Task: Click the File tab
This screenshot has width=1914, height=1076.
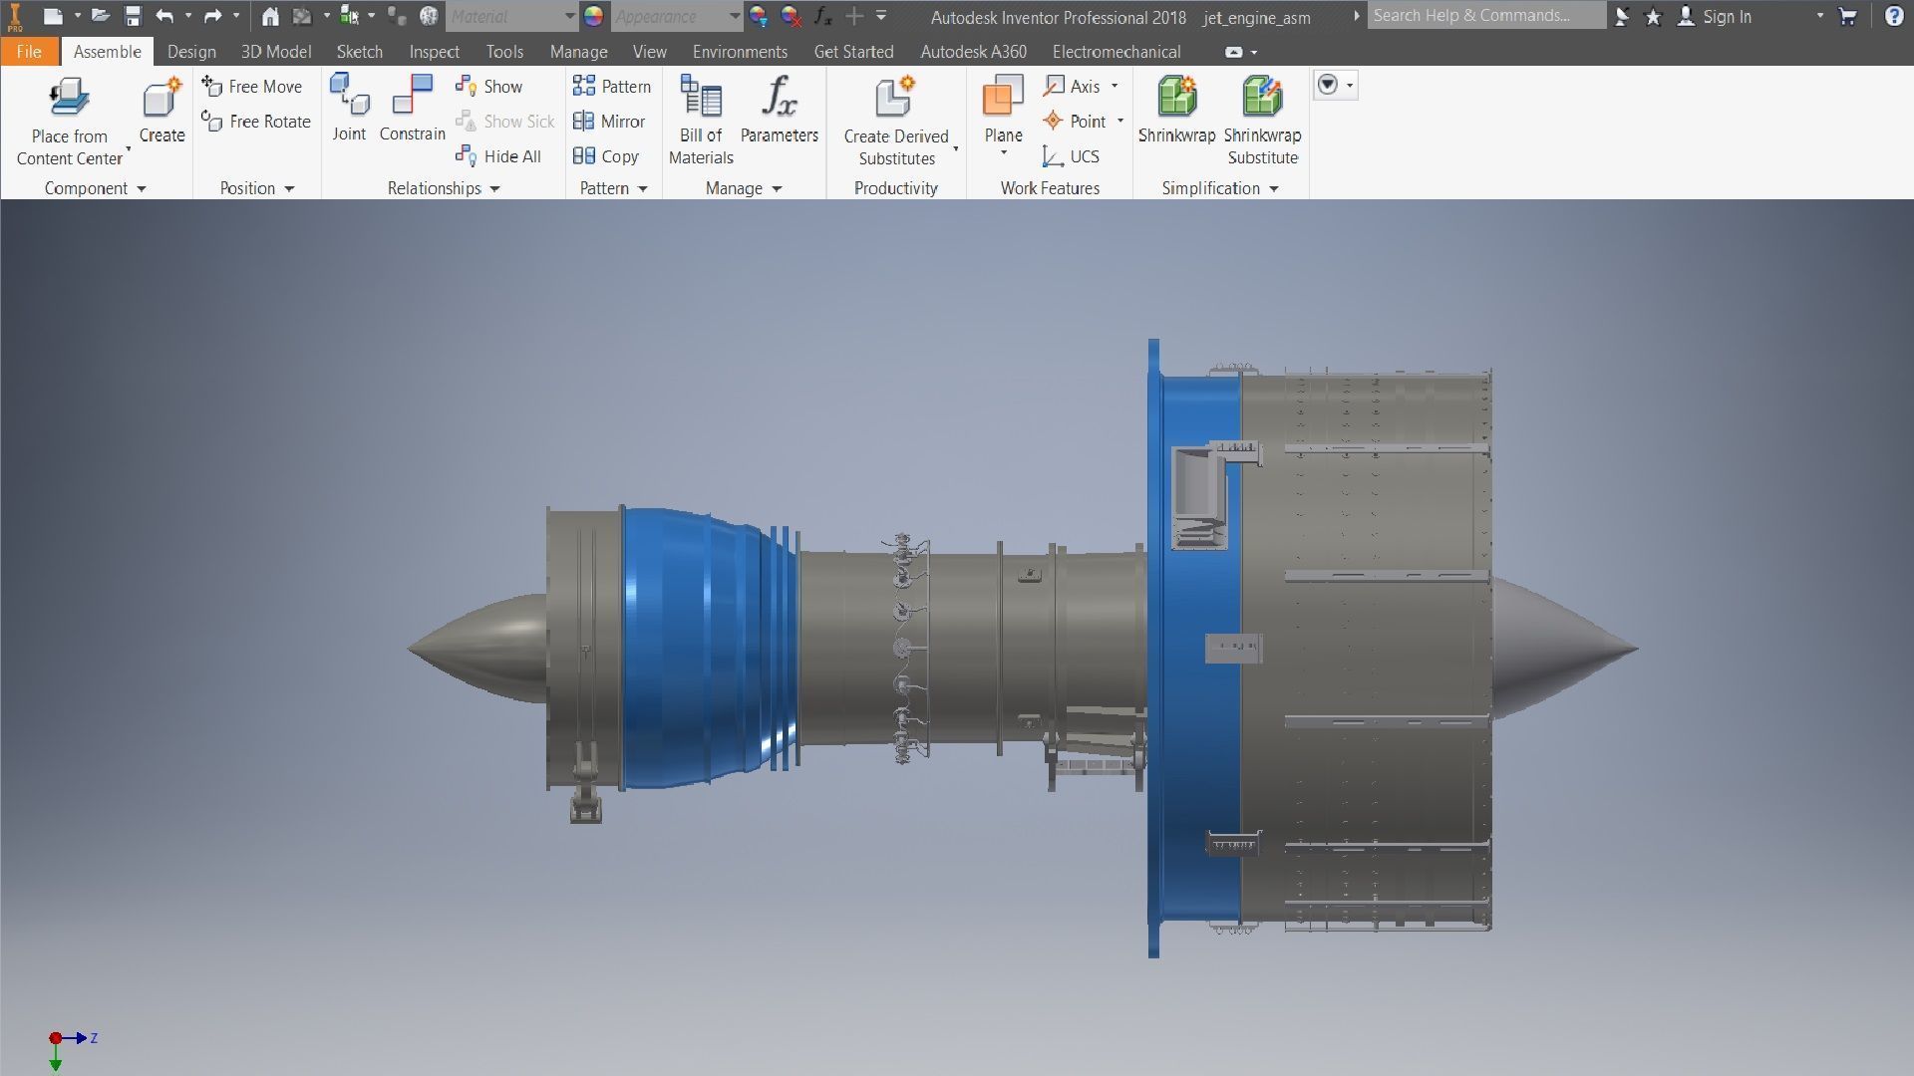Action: click(x=29, y=52)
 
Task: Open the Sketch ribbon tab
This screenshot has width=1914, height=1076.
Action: click(x=359, y=52)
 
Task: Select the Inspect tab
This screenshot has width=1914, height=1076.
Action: click(x=434, y=52)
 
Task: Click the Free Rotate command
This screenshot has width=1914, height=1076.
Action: click(x=256, y=122)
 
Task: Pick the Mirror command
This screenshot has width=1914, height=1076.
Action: click(x=609, y=122)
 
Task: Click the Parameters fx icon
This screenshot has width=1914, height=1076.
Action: click(x=779, y=98)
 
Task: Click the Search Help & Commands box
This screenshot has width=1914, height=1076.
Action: click(x=1485, y=16)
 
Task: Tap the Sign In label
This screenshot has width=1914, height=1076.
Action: click(x=1727, y=17)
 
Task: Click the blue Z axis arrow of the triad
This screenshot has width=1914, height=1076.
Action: click(x=78, y=1038)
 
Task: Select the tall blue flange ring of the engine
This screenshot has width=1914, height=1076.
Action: click(x=1153, y=648)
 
